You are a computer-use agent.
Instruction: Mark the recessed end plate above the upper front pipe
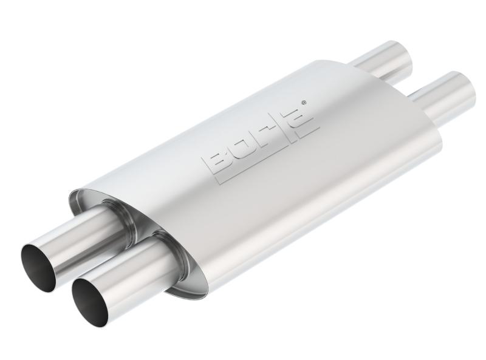point(91,200)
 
